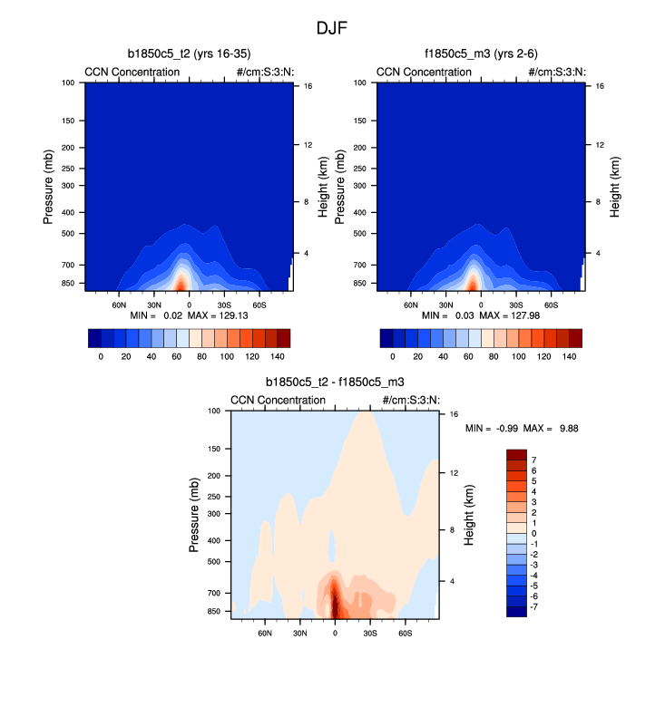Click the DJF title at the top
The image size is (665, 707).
pos(332,28)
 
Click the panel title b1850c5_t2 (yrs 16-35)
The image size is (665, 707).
pos(191,54)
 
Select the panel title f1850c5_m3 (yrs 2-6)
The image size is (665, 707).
pos(481,54)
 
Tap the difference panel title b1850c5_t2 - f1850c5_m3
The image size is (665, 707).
pos(336,383)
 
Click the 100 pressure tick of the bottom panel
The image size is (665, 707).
pos(215,412)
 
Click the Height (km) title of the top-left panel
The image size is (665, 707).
pos(324,187)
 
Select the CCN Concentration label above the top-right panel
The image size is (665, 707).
pos(424,73)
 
